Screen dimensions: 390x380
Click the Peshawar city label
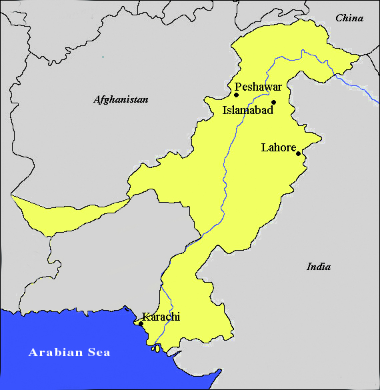point(259,87)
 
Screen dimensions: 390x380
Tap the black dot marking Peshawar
point(236,95)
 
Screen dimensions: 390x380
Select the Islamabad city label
point(247,111)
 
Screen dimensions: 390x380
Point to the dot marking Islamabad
point(273,103)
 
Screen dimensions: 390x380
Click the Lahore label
point(278,147)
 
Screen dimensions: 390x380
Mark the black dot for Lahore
point(298,154)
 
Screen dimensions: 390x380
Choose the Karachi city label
point(161,317)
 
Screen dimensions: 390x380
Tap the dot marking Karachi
point(141,323)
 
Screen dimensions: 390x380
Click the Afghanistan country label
point(121,99)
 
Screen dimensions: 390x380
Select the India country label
point(319,267)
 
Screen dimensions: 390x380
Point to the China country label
point(349,18)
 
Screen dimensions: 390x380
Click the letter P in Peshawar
point(238,87)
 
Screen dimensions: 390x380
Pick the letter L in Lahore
point(264,147)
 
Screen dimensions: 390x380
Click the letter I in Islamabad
point(225,111)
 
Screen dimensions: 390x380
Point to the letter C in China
point(338,18)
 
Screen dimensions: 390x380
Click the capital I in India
point(309,267)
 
